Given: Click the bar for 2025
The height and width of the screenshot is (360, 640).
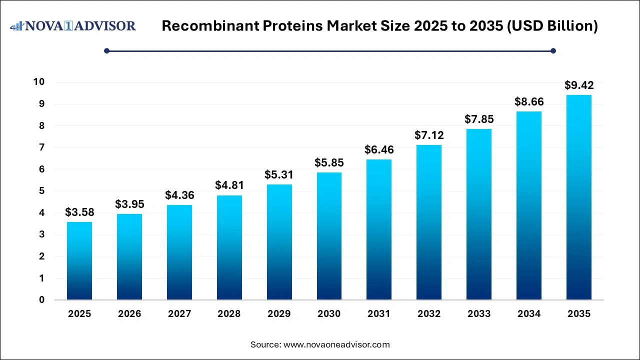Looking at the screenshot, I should (79, 261).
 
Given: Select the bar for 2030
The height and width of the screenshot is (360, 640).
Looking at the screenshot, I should (329, 236).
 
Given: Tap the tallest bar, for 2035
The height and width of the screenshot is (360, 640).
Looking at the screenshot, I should (578, 197).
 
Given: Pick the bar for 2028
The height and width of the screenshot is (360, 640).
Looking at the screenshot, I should (229, 247).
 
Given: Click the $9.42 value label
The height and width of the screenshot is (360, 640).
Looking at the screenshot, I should (578, 85).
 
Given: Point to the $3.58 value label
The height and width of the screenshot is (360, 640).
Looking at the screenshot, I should (79, 212).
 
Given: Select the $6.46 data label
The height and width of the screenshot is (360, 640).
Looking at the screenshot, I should (379, 149).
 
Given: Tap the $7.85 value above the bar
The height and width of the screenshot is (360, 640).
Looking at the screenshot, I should (478, 119).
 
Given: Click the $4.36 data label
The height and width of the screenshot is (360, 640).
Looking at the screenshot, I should (179, 195).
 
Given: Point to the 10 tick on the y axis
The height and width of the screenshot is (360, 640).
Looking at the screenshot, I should (38, 82).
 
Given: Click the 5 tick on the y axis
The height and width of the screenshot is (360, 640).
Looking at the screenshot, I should (41, 191).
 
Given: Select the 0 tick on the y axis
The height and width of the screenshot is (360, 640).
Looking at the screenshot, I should (41, 300).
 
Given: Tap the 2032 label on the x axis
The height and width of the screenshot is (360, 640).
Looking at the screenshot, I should (429, 314).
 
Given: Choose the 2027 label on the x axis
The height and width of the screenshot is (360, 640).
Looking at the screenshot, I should (179, 314).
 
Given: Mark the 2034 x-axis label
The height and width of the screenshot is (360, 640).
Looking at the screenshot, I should (528, 314).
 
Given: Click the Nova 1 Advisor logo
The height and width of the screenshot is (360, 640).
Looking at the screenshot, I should (73, 25).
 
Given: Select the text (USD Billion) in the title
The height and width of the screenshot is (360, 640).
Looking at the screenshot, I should (553, 26).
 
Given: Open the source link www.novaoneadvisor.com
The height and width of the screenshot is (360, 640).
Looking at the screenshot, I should (336, 344).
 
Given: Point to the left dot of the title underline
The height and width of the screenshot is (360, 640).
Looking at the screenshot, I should (106, 50).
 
